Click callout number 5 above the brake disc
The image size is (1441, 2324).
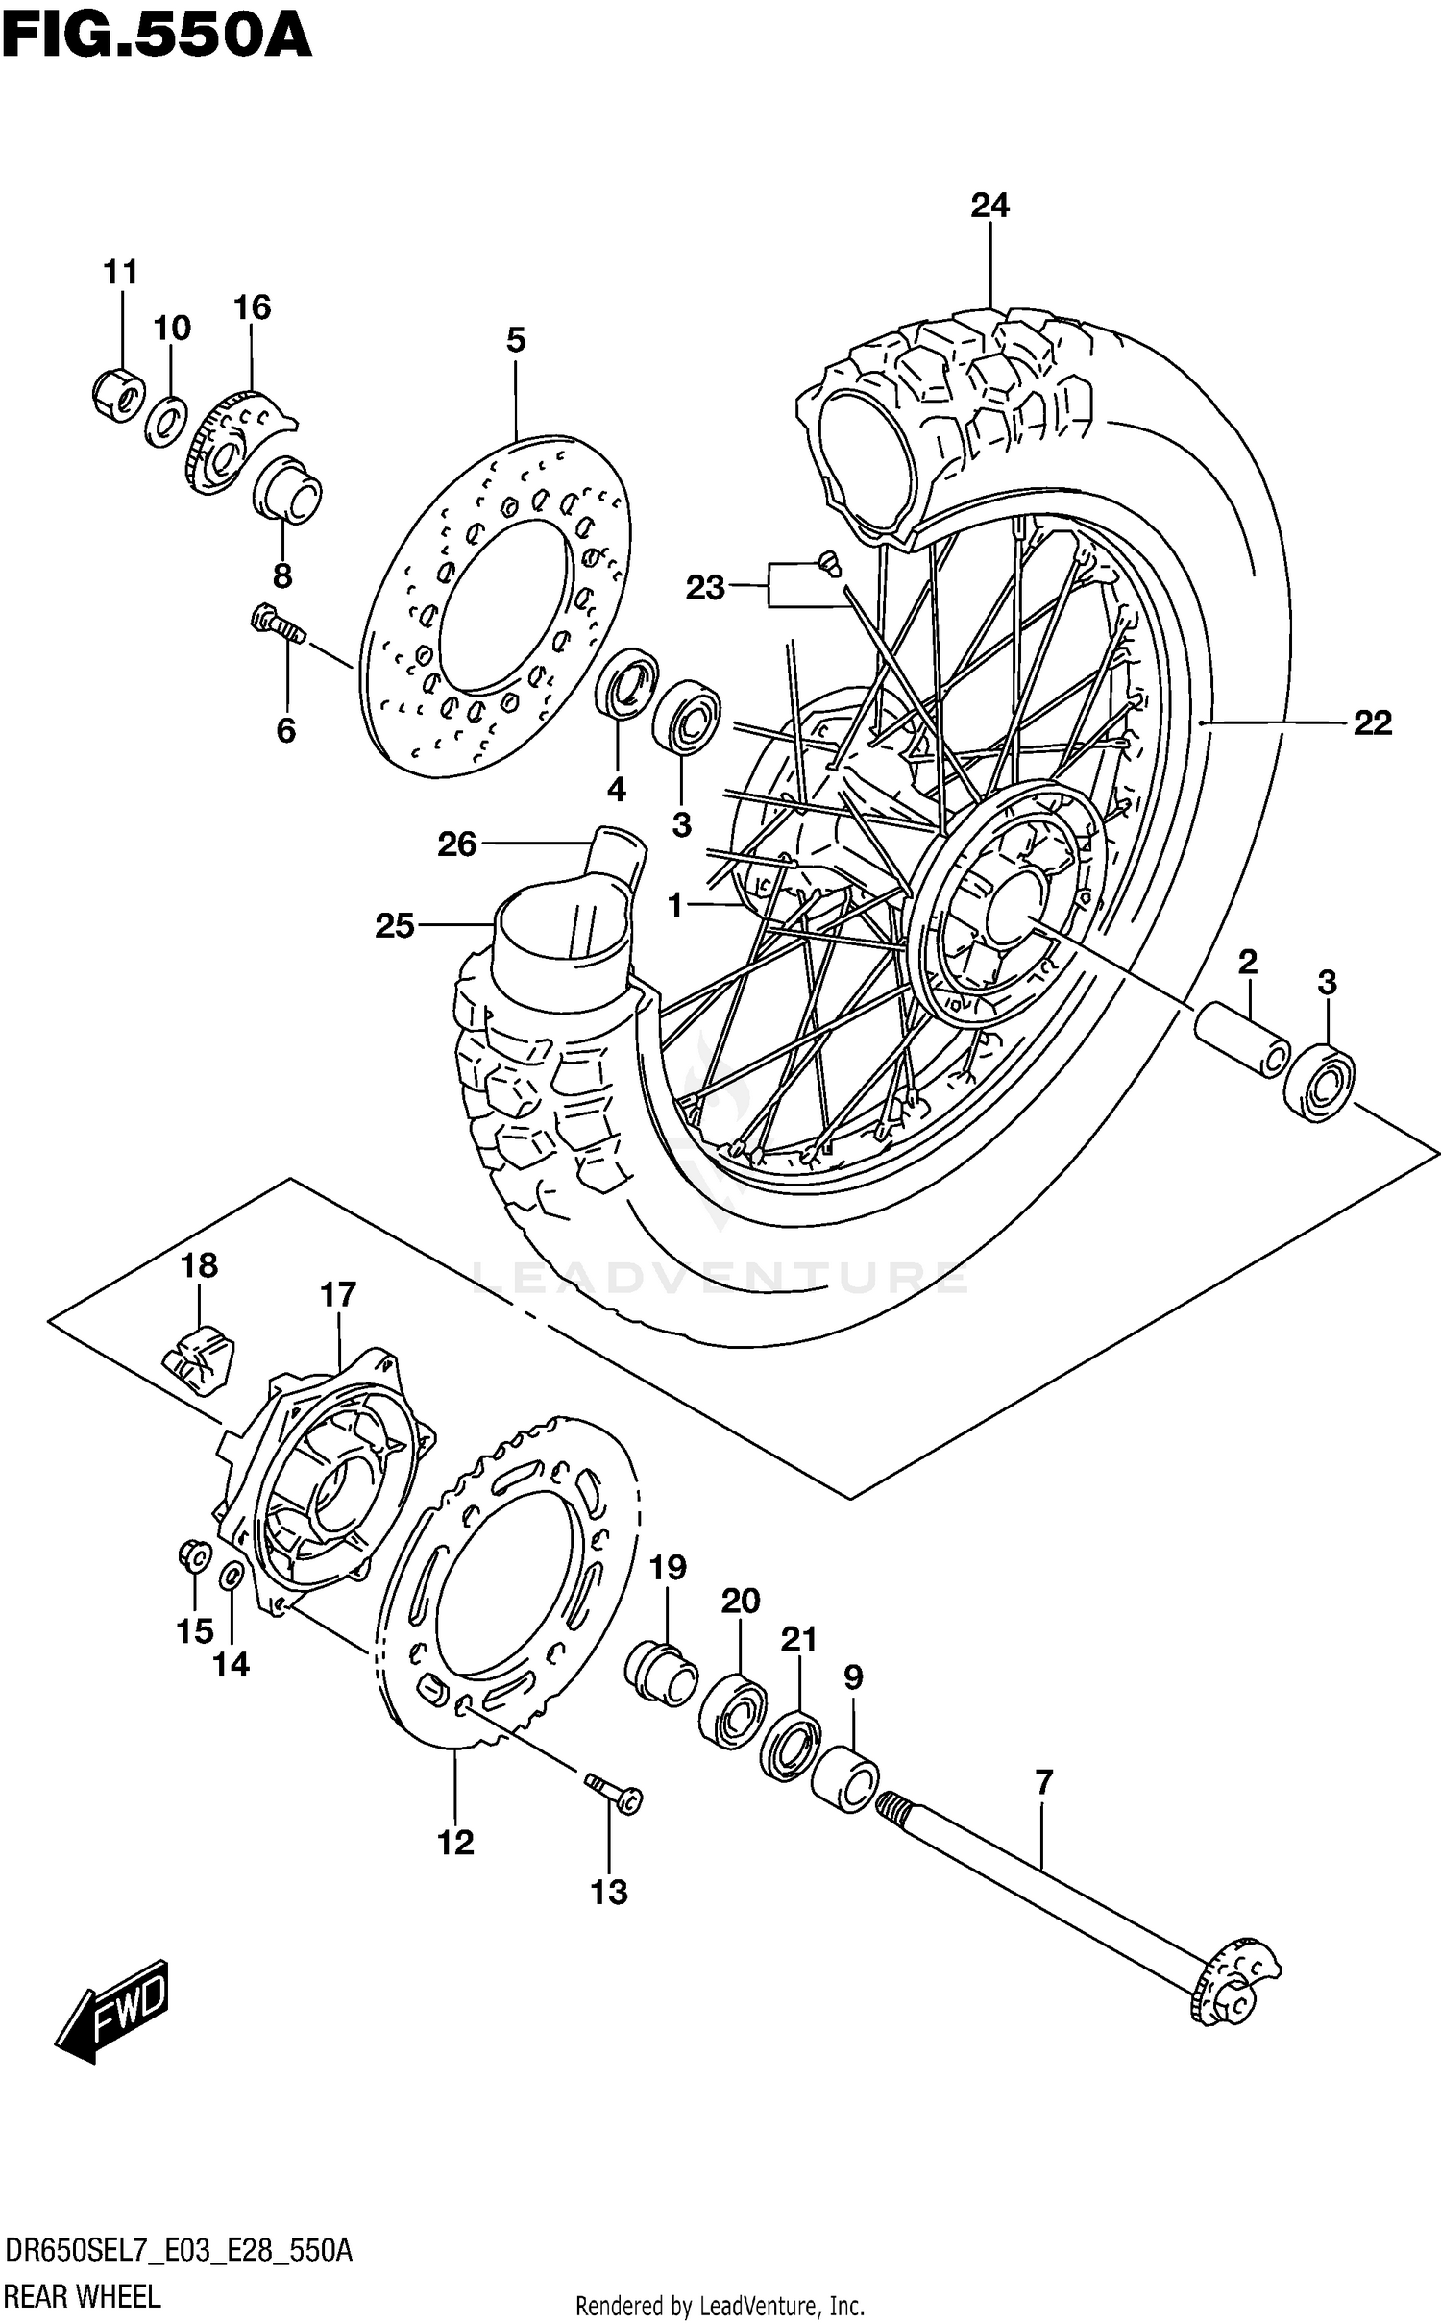[x=516, y=340]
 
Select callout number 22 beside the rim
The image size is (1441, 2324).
[x=1372, y=722]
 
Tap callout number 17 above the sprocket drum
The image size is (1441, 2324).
[x=338, y=1295]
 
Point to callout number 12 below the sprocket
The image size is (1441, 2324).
[x=455, y=1842]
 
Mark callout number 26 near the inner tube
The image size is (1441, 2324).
[x=457, y=844]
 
